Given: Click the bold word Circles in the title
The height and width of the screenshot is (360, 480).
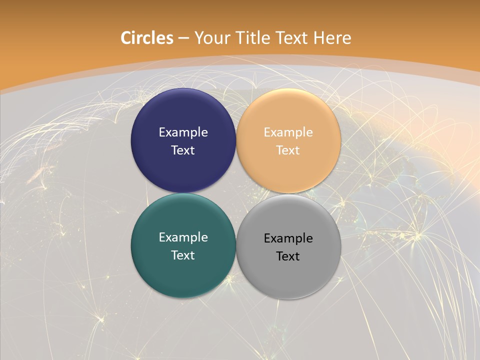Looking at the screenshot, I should tap(147, 38).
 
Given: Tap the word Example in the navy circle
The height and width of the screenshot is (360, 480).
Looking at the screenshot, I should tap(183, 132).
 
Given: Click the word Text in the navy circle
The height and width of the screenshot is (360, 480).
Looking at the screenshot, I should tap(183, 150).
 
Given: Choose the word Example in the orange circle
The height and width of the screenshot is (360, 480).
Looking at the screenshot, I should tap(288, 132).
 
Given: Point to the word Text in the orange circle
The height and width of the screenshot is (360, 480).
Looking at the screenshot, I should tap(288, 150).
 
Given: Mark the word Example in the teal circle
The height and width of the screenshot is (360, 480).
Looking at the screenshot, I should tap(183, 237).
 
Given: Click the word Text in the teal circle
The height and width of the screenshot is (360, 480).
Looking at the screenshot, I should tap(183, 255).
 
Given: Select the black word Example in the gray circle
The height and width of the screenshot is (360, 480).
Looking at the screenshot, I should tap(288, 238).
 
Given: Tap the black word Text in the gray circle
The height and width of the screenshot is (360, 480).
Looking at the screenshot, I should tap(288, 256).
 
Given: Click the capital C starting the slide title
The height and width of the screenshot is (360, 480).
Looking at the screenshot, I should tap(126, 38).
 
